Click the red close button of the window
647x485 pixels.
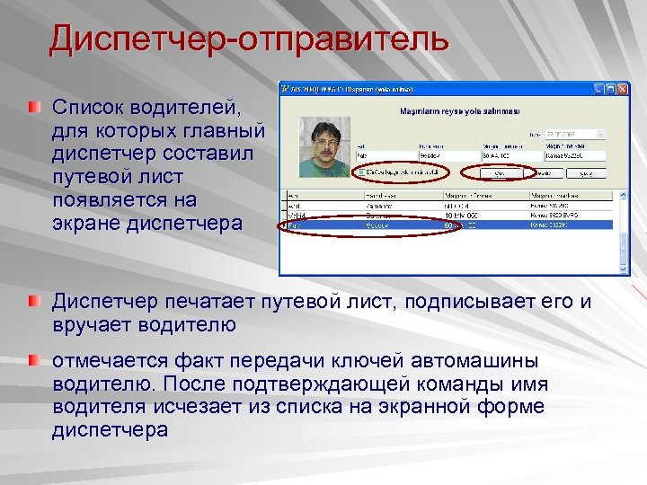pyautogui.click(x=623, y=89)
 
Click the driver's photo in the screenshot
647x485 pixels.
pyautogui.click(x=324, y=146)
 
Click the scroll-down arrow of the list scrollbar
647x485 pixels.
pyautogui.click(x=624, y=267)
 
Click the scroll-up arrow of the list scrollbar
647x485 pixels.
pyautogui.click(x=624, y=195)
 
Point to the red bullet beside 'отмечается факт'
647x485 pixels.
pyautogui.click(x=33, y=360)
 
